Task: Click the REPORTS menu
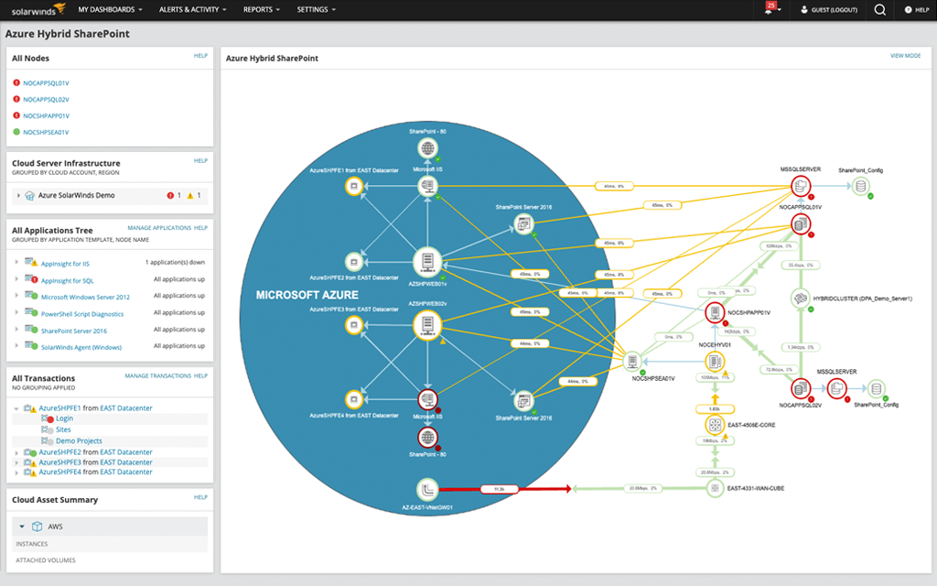click(261, 9)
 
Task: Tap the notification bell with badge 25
click(769, 9)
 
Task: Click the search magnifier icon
click(879, 10)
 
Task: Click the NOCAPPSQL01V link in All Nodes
click(46, 83)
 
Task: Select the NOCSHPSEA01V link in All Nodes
click(46, 133)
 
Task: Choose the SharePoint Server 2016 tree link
click(74, 331)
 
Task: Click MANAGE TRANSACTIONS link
click(157, 376)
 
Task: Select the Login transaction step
click(64, 418)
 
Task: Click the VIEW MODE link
click(905, 57)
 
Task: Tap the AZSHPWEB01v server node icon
click(426, 261)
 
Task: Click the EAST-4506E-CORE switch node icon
click(716, 425)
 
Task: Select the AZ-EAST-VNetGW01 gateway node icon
click(427, 489)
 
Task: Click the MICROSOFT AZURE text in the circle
click(307, 296)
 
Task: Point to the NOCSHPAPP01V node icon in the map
click(716, 313)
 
